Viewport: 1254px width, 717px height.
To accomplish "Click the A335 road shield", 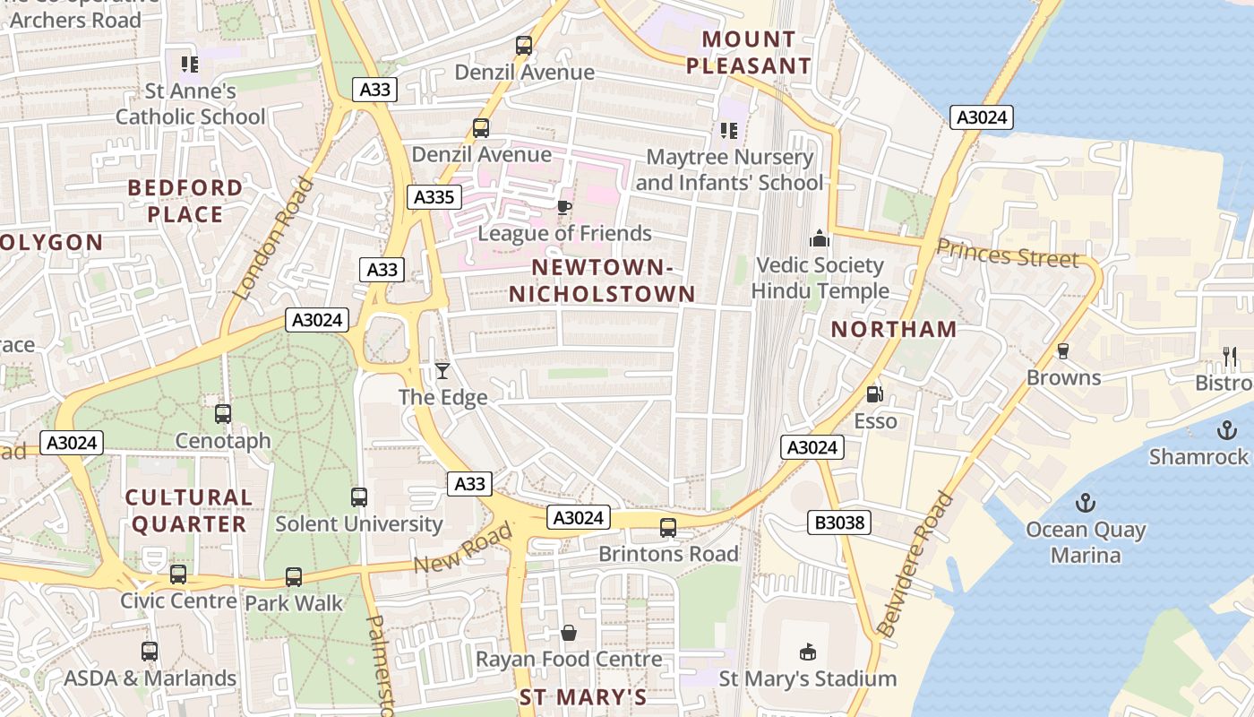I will (434, 197).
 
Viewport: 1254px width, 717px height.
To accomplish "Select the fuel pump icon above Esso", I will (874, 393).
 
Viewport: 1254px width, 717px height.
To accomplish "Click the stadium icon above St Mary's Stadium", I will (807, 652).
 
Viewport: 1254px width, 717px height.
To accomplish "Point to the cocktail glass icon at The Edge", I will (442, 370).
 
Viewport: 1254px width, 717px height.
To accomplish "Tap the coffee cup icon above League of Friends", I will (563, 208).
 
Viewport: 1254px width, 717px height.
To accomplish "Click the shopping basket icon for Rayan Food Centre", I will (568, 634).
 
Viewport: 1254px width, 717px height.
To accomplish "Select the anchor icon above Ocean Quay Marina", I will (1086, 502).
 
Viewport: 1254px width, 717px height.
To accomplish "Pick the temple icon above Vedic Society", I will (819, 239).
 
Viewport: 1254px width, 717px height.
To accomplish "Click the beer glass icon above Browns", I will (1063, 350).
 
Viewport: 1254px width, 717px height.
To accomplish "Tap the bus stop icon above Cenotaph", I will (223, 414).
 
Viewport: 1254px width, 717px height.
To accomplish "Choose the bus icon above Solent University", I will (359, 497).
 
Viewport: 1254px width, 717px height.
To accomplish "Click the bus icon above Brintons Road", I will (668, 528).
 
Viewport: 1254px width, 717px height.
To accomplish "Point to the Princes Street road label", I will (1008, 255).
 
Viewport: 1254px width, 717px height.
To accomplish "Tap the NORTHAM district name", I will (894, 329).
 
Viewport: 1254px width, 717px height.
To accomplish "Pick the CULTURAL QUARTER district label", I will (189, 511).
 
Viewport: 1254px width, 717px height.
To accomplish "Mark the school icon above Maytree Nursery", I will (729, 131).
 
